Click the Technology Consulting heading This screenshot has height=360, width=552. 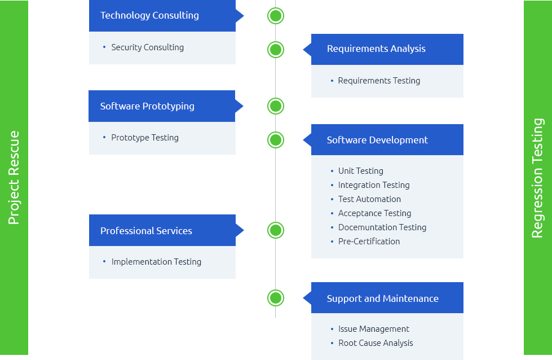(149, 16)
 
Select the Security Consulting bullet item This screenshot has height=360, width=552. (147, 47)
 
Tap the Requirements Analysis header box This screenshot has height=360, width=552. (376, 49)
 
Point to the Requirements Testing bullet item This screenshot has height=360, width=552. (379, 81)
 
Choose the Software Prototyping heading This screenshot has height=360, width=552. (147, 106)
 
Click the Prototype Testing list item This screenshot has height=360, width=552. (145, 138)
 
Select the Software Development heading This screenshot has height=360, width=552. (377, 140)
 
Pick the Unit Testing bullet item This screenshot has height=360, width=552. (360, 171)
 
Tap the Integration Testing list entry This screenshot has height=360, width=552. (374, 185)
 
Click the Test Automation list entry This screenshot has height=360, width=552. (369, 199)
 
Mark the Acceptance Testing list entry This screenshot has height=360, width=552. (374, 213)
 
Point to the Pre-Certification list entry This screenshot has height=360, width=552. (369, 242)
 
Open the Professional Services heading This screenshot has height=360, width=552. (146, 231)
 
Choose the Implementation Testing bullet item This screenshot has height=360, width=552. (156, 262)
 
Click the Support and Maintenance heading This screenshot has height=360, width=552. (382, 298)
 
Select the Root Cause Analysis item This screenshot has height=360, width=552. (376, 343)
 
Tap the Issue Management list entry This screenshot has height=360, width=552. (374, 329)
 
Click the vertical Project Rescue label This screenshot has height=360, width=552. (14, 178)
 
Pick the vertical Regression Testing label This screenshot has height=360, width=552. (537, 178)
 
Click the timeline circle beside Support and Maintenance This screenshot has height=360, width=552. (276, 298)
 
